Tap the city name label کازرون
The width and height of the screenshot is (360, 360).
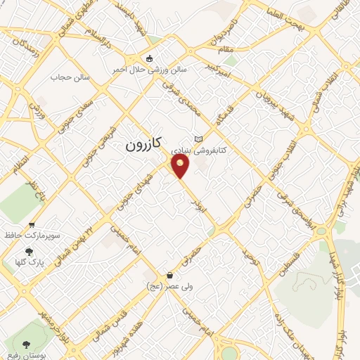point(143,145)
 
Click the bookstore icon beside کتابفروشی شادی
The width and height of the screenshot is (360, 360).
point(199,139)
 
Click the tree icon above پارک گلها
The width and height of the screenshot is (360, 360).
point(29,251)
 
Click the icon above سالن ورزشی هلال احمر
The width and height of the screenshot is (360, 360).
point(148,58)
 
